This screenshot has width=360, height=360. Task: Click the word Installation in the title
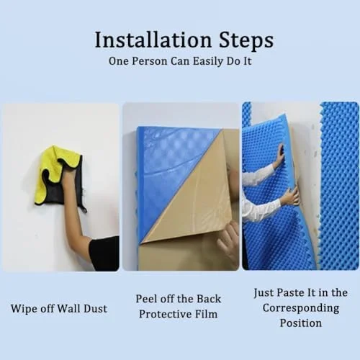pyautogui.click(x=153, y=40)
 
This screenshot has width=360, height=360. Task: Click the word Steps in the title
pyautogui.click(x=246, y=41)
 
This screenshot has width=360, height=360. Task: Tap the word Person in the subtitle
pyautogui.click(x=149, y=61)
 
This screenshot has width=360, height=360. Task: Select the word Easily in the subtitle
pyautogui.click(x=208, y=61)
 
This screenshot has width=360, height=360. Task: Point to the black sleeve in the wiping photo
pyautogui.click(x=106, y=253)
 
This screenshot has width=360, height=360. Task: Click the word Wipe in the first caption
pyautogui.click(x=23, y=309)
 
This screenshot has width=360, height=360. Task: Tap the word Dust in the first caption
pyautogui.click(x=95, y=308)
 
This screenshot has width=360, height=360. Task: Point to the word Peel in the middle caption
pyautogui.click(x=145, y=299)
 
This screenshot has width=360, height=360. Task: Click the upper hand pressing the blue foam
pyautogui.click(x=279, y=156)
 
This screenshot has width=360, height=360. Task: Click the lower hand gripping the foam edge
pyautogui.click(x=290, y=197)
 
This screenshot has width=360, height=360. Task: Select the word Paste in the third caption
pyautogui.click(x=290, y=292)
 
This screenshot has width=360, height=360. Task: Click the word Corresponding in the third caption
pyautogui.click(x=301, y=308)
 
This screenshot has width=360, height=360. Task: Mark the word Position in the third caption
pyautogui.click(x=301, y=323)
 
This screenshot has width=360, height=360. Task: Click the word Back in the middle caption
pyautogui.click(x=209, y=299)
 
